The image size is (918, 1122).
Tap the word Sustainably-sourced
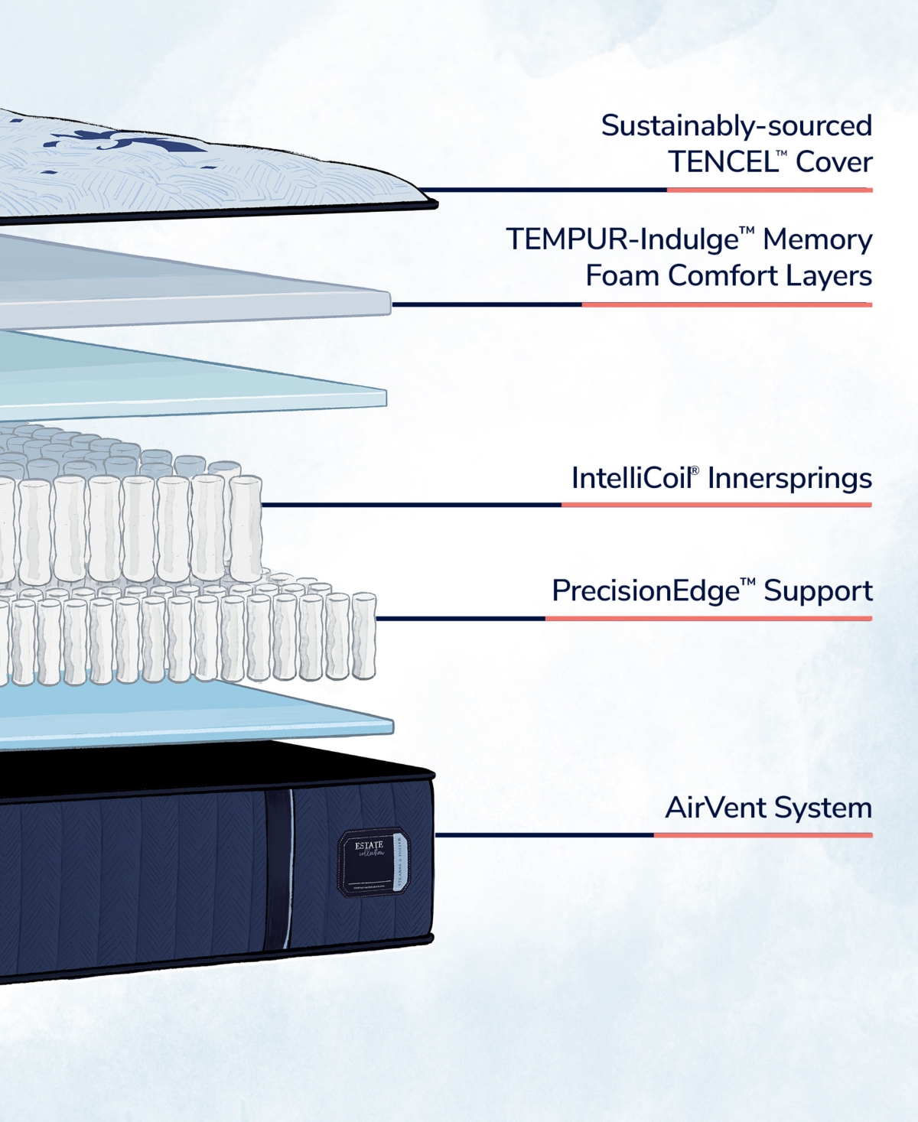736,125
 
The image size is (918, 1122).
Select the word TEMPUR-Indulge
622,239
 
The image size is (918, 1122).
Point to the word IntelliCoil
631,478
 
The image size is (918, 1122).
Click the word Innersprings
789,478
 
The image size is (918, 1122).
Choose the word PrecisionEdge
646,590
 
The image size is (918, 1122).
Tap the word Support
818,590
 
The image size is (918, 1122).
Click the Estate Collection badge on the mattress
374,860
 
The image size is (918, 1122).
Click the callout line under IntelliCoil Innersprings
566,505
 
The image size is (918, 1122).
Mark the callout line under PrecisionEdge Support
623,619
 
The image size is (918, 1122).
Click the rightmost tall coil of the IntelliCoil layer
246,528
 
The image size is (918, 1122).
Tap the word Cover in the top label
834,162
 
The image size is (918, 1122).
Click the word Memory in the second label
817,239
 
